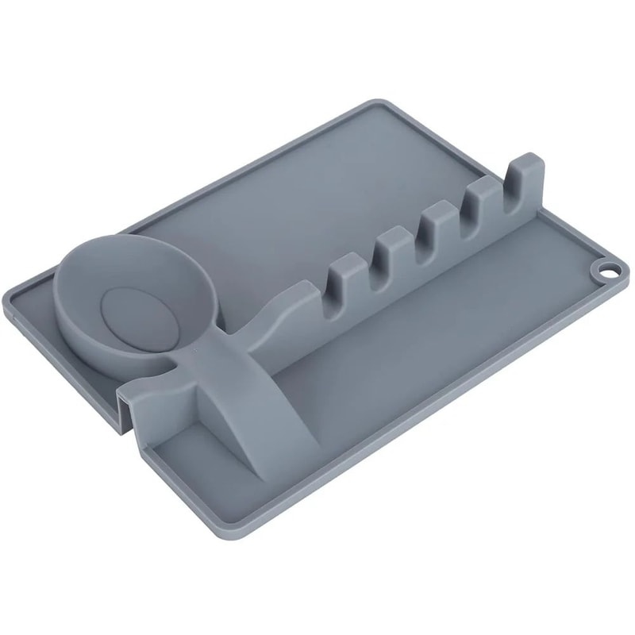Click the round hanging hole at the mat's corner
606,271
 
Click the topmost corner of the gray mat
373,101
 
